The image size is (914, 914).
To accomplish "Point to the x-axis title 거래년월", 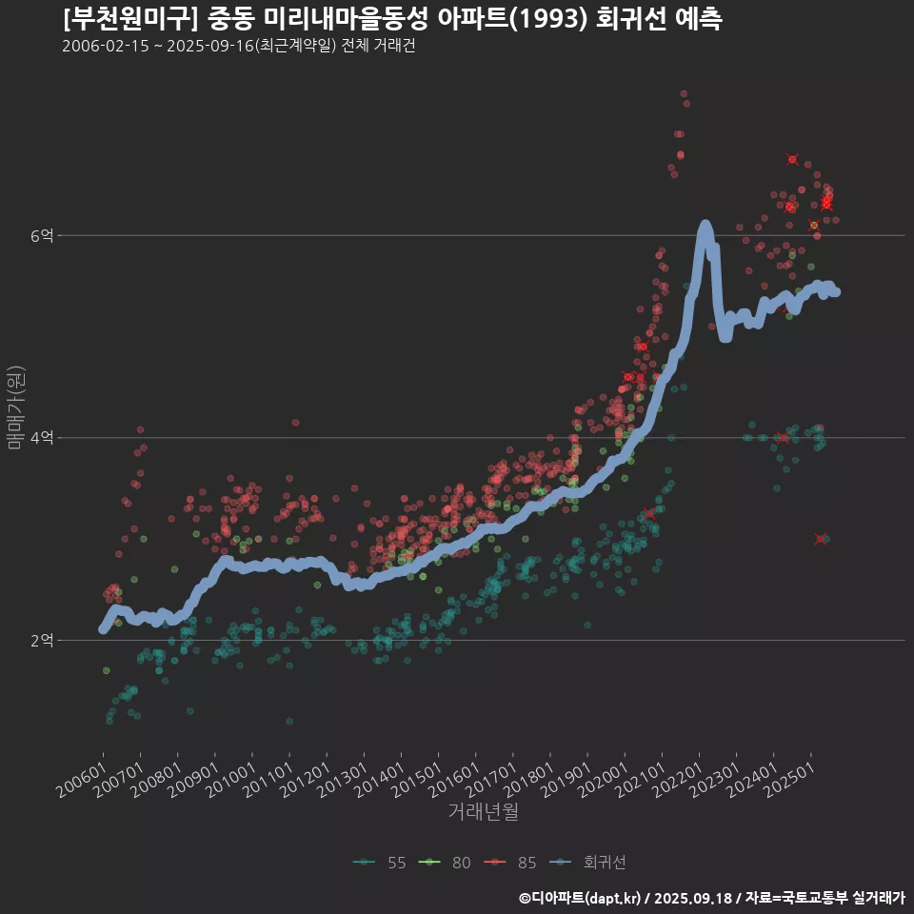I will click(x=483, y=812).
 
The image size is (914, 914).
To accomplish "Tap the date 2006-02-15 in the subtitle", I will click(x=105, y=47).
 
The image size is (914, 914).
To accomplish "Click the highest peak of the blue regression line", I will click(x=705, y=226).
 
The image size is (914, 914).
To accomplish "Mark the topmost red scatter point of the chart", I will click(x=684, y=94).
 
